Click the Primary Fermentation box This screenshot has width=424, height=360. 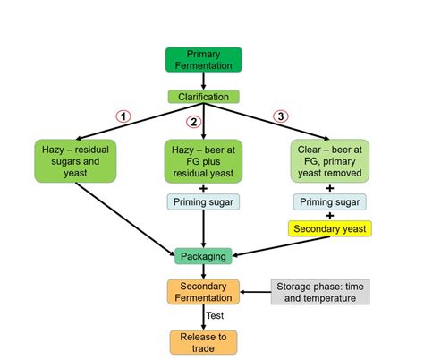pyautogui.click(x=203, y=59)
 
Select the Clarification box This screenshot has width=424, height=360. pyautogui.click(x=203, y=97)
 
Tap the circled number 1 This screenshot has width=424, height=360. pyautogui.click(x=124, y=116)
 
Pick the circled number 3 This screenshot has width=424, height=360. pyautogui.click(x=281, y=116)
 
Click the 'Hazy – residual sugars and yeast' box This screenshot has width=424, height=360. pyautogui.click(x=76, y=158)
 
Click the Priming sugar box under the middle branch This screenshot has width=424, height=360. pyautogui.click(x=202, y=202)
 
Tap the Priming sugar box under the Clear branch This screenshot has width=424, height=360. pyautogui.click(x=329, y=202)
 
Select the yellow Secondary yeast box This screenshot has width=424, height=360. pyautogui.click(x=329, y=228)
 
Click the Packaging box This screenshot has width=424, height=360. pyautogui.click(x=203, y=256)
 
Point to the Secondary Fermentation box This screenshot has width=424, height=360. pyautogui.click(x=203, y=291)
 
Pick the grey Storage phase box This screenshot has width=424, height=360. pyautogui.click(x=319, y=291)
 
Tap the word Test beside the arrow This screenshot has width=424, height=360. pyautogui.click(x=216, y=316)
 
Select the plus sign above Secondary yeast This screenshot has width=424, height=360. pyautogui.click(x=329, y=216)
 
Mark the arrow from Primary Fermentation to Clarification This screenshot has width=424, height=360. pyautogui.click(x=203, y=81)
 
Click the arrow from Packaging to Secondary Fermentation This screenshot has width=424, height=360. pyautogui.click(x=203, y=271)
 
